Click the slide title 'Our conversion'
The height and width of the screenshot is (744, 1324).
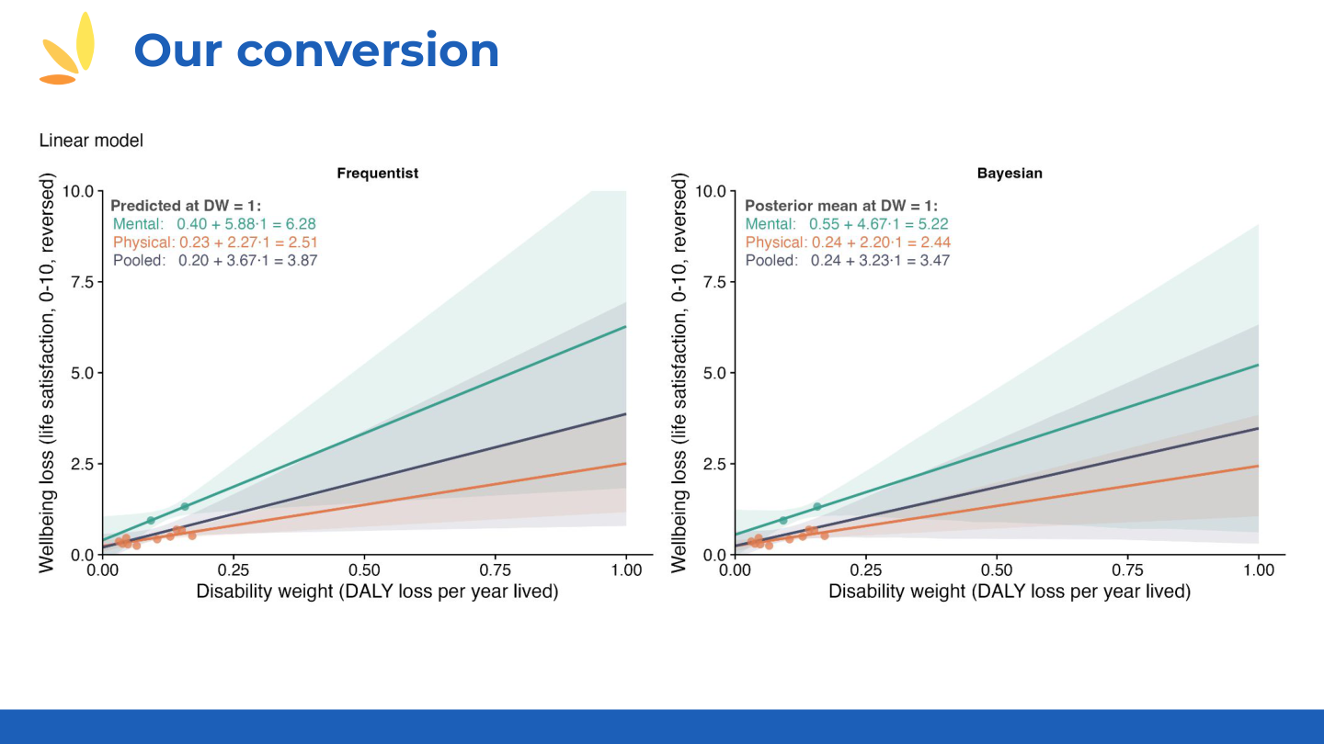pos(316,50)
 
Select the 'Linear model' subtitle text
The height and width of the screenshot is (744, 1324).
pos(91,141)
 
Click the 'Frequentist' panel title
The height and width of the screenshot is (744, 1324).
pos(377,173)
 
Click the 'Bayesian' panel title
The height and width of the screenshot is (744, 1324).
pos(1010,173)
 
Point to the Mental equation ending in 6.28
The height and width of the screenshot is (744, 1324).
pos(214,224)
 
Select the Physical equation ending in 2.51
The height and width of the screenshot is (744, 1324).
pos(215,242)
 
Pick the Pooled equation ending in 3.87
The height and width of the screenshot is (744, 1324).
pos(215,261)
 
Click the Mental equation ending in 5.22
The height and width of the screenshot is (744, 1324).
pos(847,224)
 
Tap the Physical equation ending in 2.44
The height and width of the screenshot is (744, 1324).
pos(848,242)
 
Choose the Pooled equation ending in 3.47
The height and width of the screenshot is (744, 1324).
pos(847,261)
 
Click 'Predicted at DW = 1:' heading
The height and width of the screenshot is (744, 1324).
pos(186,207)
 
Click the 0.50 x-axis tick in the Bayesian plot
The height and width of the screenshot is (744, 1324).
pos(997,570)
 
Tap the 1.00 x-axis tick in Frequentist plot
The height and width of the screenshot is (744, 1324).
pos(626,570)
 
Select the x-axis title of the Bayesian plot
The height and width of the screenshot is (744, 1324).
pos(1009,592)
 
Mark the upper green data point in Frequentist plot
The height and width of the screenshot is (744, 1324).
pos(185,506)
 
